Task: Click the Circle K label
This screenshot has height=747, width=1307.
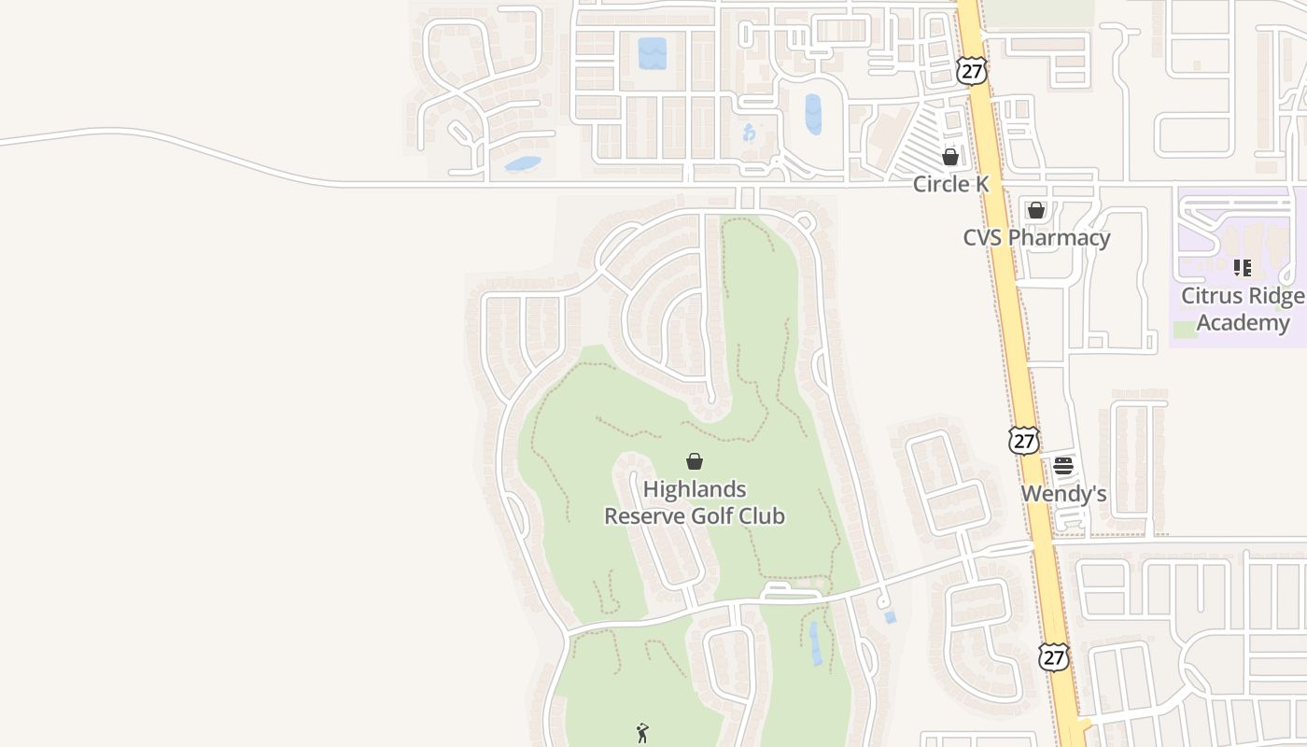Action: [x=950, y=184]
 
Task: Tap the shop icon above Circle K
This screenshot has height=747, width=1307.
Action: [x=950, y=157]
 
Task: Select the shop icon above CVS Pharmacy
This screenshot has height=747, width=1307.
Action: [x=1036, y=210]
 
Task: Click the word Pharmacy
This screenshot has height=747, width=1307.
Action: [x=1059, y=237]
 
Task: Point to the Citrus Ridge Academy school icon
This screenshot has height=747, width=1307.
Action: [x=1243, y=268]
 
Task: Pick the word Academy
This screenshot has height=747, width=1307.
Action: [x=1243, y=323]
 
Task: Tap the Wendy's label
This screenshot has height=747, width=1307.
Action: [x=1063, y=493]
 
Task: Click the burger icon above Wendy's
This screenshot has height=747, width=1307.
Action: [x=1063, y=466]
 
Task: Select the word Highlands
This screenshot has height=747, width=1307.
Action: [x=695, y=489]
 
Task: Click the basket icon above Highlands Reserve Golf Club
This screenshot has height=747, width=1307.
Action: [x=695, y=461]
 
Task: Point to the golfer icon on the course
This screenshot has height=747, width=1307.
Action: [x=642, y=733]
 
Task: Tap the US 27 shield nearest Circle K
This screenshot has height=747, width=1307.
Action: [x=972, y=70]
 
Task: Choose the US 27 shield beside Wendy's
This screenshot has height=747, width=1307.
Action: [x=1024, y=440]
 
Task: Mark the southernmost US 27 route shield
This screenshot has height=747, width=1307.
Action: [x=1054, y=655]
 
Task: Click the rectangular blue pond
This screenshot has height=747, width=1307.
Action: [x=653, y=52]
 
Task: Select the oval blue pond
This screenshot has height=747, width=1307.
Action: [x=813, y=114]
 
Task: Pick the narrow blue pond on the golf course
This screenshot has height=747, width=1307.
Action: [x=817, y=643]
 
